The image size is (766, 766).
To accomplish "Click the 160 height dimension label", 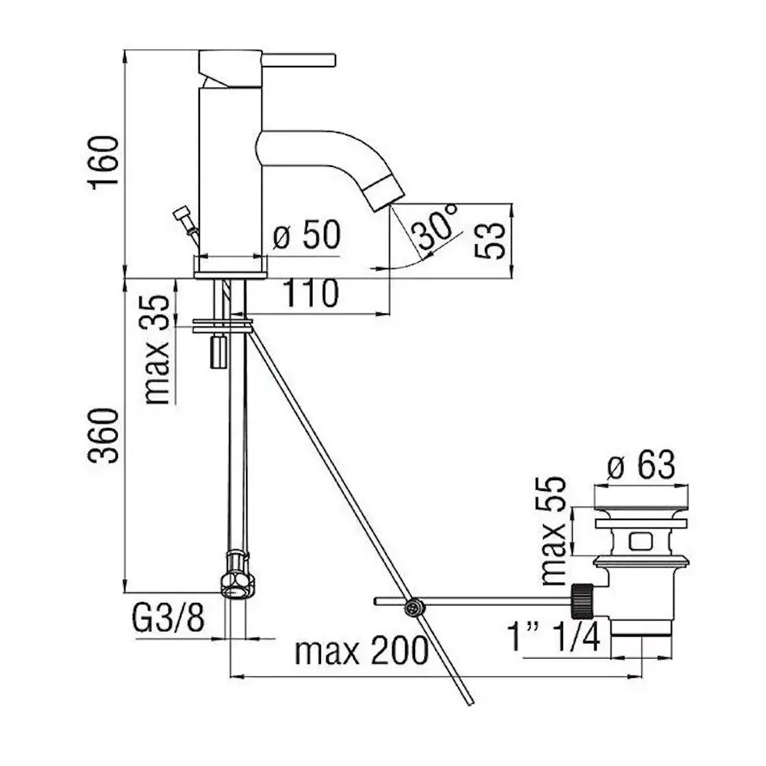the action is (103, 162).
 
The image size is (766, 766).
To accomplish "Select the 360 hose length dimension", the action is (103, 435).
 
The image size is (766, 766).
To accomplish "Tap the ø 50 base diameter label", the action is (306, 235).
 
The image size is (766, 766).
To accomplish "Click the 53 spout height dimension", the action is (490, 240).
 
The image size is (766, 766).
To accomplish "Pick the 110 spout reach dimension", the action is (310, 293).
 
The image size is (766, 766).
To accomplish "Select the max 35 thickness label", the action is (157, 350).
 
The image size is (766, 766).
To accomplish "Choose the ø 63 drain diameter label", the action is (641, 464).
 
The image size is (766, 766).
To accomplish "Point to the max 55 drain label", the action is (554, 531).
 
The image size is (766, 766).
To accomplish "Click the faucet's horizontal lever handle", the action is (299, 60).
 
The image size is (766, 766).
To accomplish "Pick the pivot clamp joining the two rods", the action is (414, 607).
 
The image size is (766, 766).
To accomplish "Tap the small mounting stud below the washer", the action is (218, 352).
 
